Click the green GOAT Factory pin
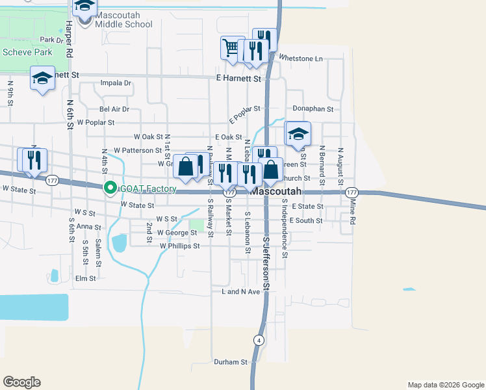pyautogui.click(x=110, y=189)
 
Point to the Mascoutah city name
pyautogui.click(x=276, y=192)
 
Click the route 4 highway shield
pyautogui.click(x=258, y=340)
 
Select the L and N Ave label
pyautogui.click(x=240, y=292)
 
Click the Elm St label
pyautogui.click(x=86, y=278)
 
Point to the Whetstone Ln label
pyautogui.click(x=300, y=58)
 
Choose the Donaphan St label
pyautogui.click(x=313, y=110)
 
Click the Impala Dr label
pyautogui.click(x=116, y=83)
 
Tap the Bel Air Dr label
pyautogui.click(x=114, y=109)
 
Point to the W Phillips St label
pyautogui.click(x=179, y=246)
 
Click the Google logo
pyautogui.click(x=21, y=382)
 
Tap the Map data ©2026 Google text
pyautogui.click(x=445, y=385)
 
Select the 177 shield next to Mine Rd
pyautogui.click(x=352, y=192)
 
